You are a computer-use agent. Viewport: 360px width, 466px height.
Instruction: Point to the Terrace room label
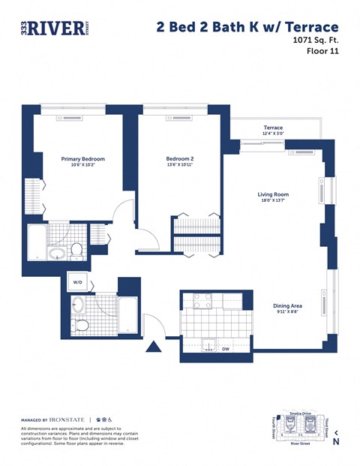click(x=273, y=128)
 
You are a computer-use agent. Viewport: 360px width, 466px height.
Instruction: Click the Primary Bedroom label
click(x=82, y=159)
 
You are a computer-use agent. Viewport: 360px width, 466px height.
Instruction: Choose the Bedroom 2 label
click(x=180, y=159)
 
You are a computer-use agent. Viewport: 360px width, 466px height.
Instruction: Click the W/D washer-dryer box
click(x=78, y=282)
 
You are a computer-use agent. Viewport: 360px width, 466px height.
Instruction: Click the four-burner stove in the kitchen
click(x=202, y=301)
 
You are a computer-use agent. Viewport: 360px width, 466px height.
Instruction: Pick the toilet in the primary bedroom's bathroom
click(x=76, y=249)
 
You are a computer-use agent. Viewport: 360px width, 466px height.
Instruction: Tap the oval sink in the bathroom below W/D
click(x=78, y=305)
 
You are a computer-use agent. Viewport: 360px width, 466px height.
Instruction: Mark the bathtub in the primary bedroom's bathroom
click(x=37, y=244)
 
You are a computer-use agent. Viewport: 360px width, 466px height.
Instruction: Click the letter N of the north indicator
click(x=336, y=442)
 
